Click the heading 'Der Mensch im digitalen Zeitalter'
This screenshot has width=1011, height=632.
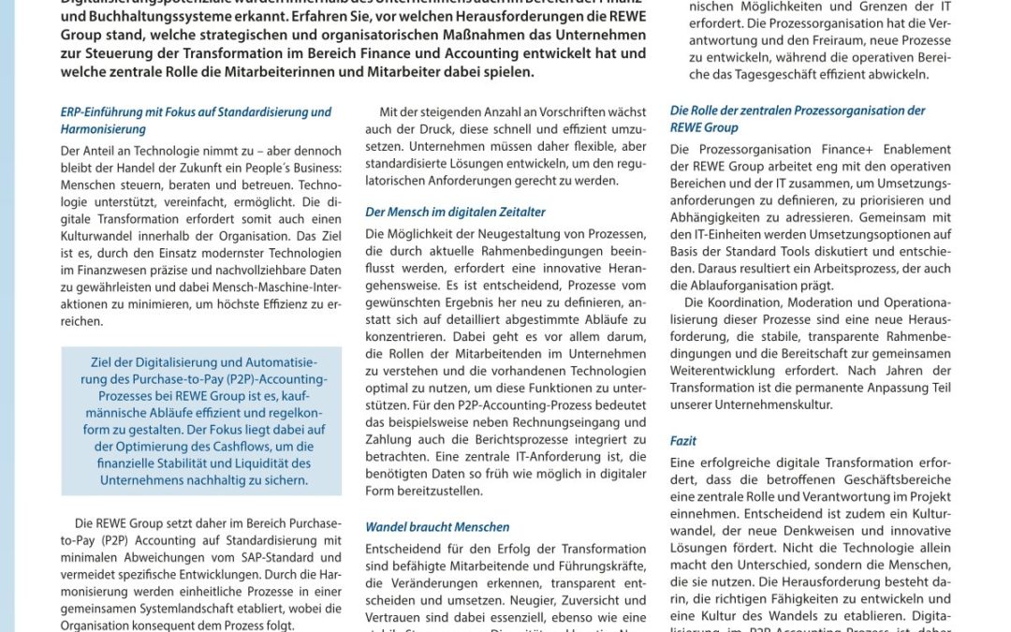[x=455, y=213]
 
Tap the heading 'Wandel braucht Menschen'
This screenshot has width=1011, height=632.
[x=437, y=527]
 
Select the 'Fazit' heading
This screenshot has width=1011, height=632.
[x=683, y=441]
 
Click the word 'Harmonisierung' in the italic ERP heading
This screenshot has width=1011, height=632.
[x=103, y=129]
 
